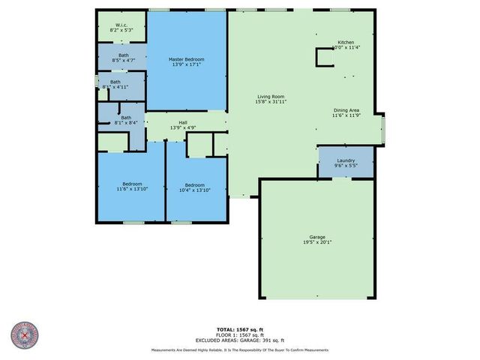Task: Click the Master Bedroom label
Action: click(x=187, y=59)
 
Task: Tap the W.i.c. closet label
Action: click(x=121, y=25)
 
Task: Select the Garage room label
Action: click(x=317, y=237)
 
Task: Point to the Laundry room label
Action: click(x=346, y=160)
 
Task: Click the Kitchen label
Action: click(x=346, y=43)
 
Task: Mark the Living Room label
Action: click(x=271, y=96)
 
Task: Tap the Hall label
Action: click(x=183, y=123)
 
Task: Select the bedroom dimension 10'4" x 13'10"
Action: click(x=195, y=190)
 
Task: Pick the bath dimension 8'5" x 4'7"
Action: click(x=123, y=59)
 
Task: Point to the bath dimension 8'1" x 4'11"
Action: click(x=115, y=87)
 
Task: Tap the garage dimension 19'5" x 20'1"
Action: click(x=317, y=242)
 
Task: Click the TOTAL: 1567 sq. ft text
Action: click(x=240, y=329)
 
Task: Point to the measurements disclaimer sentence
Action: click(x=240, y=349)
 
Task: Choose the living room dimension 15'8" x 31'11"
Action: click(x=271, y=101)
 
